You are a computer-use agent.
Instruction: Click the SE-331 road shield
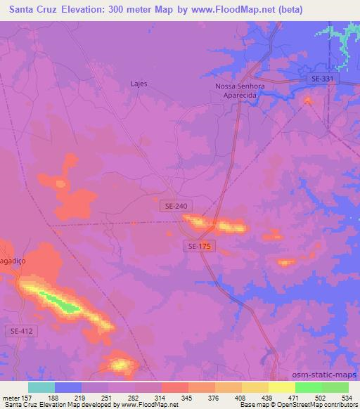[324, 80]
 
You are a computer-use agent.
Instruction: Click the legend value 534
[347, 398]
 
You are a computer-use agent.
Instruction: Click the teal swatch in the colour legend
[41, 387]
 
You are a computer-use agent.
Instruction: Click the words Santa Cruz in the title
[29, 10]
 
